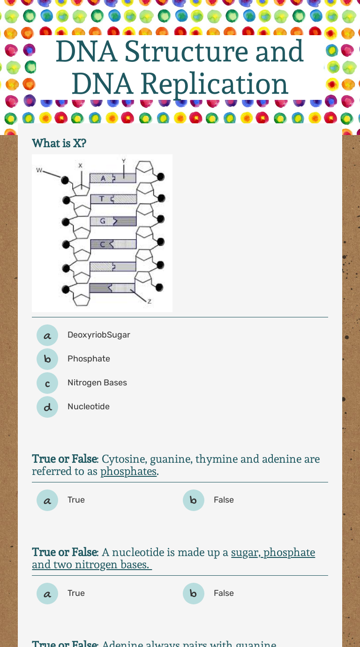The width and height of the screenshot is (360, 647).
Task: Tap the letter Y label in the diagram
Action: tap(124, 161)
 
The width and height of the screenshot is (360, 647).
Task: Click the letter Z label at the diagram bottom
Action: tap(150, 301)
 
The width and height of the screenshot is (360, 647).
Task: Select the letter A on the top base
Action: tap(103, 178)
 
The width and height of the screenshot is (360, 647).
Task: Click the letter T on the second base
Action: tap(100, 199)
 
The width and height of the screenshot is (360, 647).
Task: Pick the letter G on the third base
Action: tap(103, 221)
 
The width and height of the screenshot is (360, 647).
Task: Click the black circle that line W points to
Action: tap(66, 180)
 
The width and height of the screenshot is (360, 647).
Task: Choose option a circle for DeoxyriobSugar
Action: tap(47, 335)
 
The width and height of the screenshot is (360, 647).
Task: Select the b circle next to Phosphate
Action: tap(47, 359)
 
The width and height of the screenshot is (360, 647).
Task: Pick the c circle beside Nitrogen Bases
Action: tap(47, 383)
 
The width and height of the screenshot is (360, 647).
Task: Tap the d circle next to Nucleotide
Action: tap(47, 407)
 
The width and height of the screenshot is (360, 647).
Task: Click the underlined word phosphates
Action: tap(128, 472)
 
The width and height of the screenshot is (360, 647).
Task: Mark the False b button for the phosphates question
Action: tap(194, 500)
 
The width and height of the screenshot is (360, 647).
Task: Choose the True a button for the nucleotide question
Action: tap(47, 594)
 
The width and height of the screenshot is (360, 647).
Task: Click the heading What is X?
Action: tap(59, 143)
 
